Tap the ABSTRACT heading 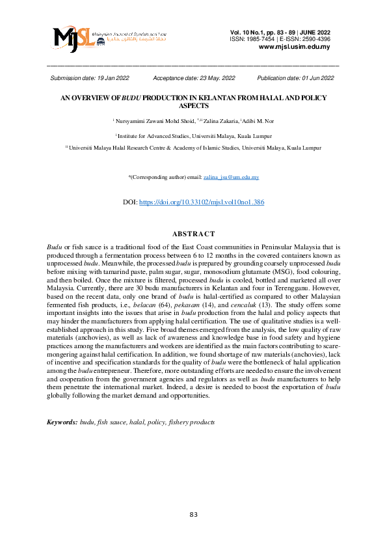tap(193, 234)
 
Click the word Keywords tap(62, 422)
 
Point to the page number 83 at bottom tap(193, 515)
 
